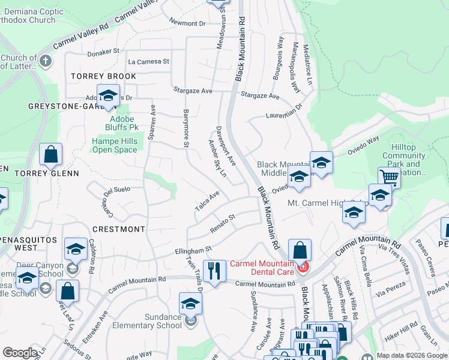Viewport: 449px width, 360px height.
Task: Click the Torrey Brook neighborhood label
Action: pyautogui.click(x=103, y=76)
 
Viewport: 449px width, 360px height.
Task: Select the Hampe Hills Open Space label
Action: pyautogui.click(x=115, y=145)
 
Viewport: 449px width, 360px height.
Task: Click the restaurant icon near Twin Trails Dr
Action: pyautogui.click(x=212, y=270)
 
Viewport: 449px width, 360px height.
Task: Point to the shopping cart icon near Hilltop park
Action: pyautogui.click(x=389, y=177)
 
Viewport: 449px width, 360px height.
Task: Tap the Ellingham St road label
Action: pyautogui.click(x=193, y=249)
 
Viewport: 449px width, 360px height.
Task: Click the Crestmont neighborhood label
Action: pyautogui.click(x=118, y=229)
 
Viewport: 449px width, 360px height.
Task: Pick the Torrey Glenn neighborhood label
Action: pyautogui.click(x=47, y=173)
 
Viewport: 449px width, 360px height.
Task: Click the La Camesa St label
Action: pyautogui.click(x=149, y=61)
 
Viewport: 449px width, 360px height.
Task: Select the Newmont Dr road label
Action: pyautogui.click(x=187, y=23)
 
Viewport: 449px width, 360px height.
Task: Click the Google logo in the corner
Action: pyautogui.click(x=20, y=353)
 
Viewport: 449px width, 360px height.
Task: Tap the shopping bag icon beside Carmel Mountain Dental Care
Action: pyautogui.click(x=300, y=250)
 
